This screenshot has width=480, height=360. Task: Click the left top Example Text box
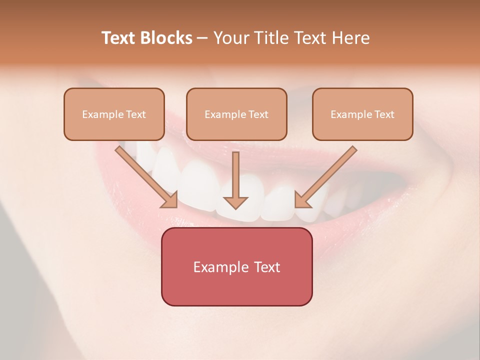(x=114, y=114)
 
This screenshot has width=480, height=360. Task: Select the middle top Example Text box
(x=236, y=114)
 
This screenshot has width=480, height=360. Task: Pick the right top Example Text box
(x=362, y=114)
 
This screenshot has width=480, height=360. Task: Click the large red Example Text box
(x=236, y=266)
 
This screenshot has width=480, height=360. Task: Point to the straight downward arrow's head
(x=235, y=202)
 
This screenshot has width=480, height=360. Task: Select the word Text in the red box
(x=267, y=267)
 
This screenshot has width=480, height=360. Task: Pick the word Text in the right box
(x=384, y=114)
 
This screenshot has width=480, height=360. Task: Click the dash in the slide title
(x=202, y=38)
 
